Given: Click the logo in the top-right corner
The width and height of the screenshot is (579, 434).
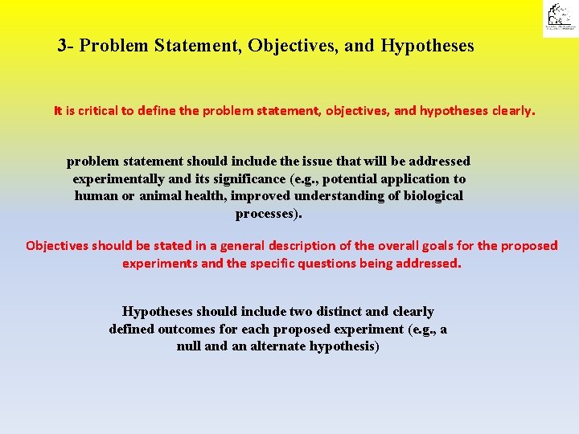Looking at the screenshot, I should (x=559, y=18).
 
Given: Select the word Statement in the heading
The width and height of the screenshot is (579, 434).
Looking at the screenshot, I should (x=202, y=46).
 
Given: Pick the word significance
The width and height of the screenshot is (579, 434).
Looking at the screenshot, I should (x=245, y=179).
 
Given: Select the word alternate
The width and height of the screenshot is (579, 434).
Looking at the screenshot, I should (x=279, y=347).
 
